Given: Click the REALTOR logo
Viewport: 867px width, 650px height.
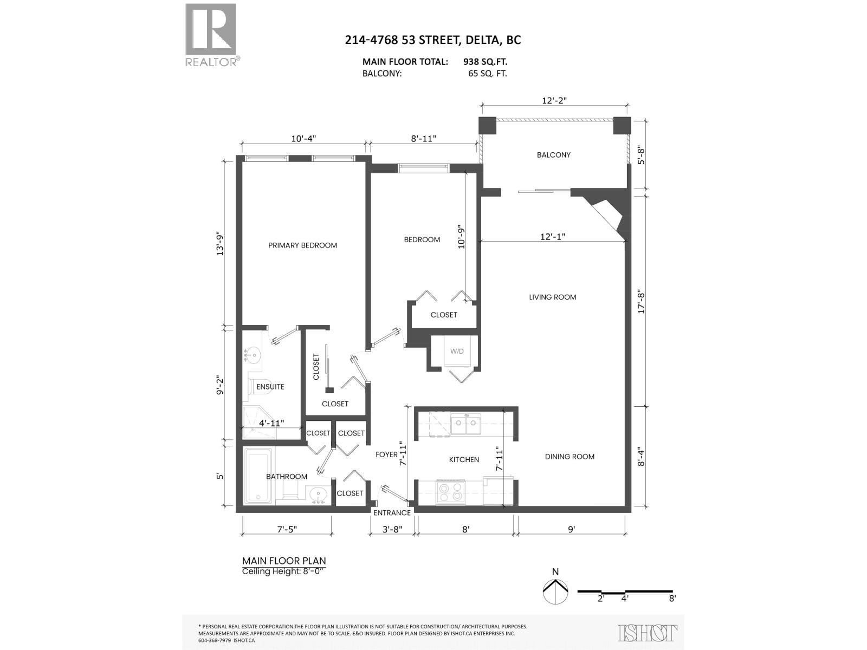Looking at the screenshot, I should coord(211,34).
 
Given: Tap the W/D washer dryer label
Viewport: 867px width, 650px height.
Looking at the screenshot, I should coord(457,351).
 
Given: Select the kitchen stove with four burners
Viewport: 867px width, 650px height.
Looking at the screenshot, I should coord(451,492).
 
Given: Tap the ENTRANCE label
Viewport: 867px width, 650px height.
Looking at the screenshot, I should coord(392,512).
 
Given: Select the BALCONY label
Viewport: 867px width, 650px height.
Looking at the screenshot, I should coord(553,155).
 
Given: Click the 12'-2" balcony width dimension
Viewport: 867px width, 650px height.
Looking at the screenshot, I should coord(554,100).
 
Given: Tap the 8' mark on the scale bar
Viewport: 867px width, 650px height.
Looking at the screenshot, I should coord(672,599).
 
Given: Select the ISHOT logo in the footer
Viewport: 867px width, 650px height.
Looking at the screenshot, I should coord(648,633).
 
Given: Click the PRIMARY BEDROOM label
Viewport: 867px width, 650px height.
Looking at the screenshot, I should coord(302,245).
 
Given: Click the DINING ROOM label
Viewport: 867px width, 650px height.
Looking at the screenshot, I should coord(570,457).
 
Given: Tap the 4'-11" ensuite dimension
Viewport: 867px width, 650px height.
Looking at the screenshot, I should coord(271,423).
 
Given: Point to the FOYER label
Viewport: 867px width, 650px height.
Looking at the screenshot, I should coord(386,454).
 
